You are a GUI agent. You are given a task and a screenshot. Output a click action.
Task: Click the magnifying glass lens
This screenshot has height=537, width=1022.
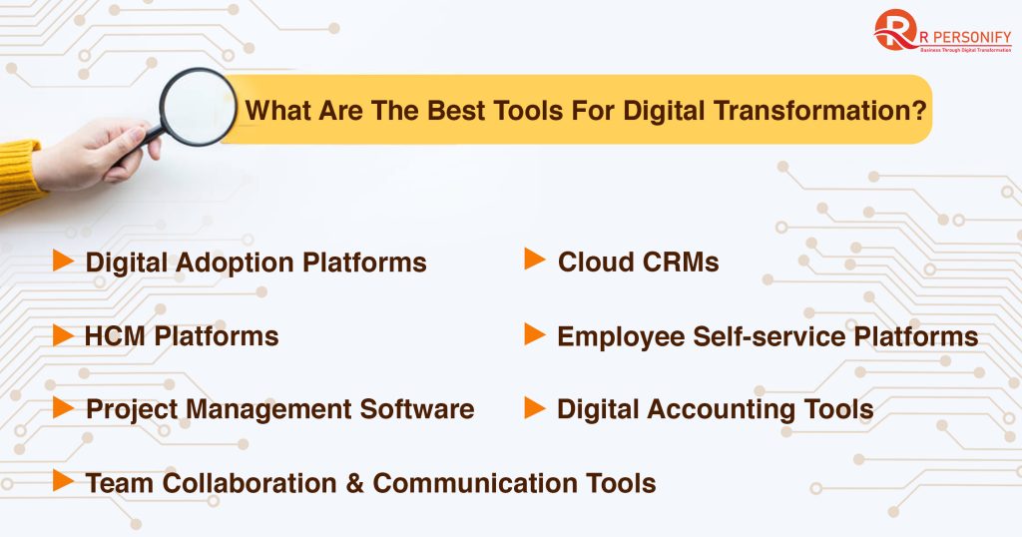click(x=199, y=106)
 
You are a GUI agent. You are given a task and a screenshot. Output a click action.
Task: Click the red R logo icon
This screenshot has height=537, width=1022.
click(x=894, y=29)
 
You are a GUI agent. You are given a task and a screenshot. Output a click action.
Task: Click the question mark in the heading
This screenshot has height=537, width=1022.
click(x=919, y=110)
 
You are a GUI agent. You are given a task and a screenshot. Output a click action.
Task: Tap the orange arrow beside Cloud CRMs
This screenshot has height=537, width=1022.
click(x=535, y=259)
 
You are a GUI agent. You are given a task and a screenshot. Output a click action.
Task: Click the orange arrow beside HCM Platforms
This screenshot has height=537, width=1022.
click(x=63, y=335)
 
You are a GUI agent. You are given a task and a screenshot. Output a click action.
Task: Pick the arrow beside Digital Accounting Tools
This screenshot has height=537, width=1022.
click(x=535, y=408)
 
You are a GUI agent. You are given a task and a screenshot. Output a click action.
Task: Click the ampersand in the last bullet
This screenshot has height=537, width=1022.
click(x=354, y=483)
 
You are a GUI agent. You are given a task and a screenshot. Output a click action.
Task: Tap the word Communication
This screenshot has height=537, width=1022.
click(x=474, y=483)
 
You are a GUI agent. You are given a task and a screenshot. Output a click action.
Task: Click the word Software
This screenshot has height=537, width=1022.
click(x=417, y=409)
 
